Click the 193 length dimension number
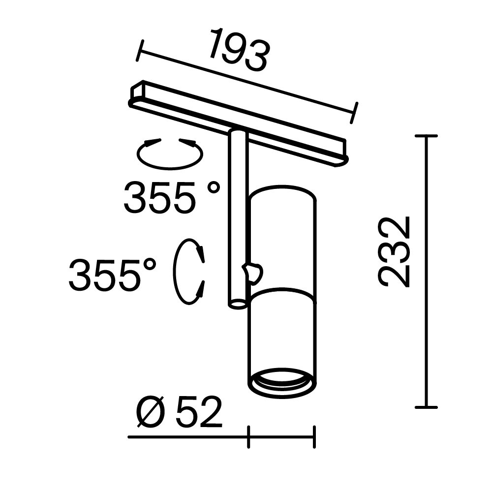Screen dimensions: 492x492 [x=240, y=50]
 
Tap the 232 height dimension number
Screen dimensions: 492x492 [x=395, y=251]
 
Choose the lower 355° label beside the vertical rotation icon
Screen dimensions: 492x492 [x=112, y=274]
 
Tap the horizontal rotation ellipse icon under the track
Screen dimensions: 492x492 [x=170, y=154]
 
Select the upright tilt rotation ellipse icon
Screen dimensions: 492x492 [x=188, y=272]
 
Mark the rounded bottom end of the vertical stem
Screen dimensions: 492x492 [x=238, y=304]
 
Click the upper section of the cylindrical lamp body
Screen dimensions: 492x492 [x=282, y=236]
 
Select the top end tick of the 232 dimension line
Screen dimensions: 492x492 [x=426, y=136]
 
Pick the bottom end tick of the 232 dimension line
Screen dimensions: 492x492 [x=426, y=407]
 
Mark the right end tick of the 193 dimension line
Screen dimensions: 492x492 [x=354, y=113]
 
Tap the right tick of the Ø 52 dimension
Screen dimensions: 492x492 [x=314, y=437]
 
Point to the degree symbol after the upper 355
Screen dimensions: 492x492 [x=213, y=187]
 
